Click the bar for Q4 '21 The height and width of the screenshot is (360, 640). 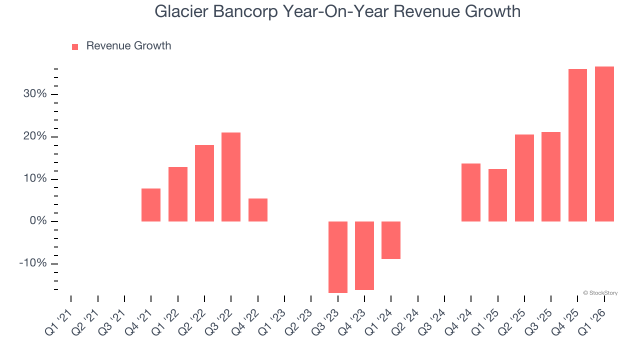click(151, 205)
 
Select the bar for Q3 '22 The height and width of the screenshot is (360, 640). click(231, 177)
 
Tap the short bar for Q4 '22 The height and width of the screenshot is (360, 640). click(258, 210)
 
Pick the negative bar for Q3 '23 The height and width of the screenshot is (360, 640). click(338, 257)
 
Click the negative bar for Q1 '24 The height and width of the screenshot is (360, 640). click(391, 240)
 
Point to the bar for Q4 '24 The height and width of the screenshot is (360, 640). click(471, 192)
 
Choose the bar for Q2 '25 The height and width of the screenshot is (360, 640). click(524, 178)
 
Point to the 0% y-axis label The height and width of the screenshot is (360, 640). click(38, 221)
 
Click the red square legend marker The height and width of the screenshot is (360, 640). click(75, 46)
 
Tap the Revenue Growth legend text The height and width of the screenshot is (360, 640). click(128, 46)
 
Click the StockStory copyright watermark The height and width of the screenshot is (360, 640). click(600, 293)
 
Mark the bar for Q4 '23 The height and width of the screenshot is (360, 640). click(364, 255)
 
